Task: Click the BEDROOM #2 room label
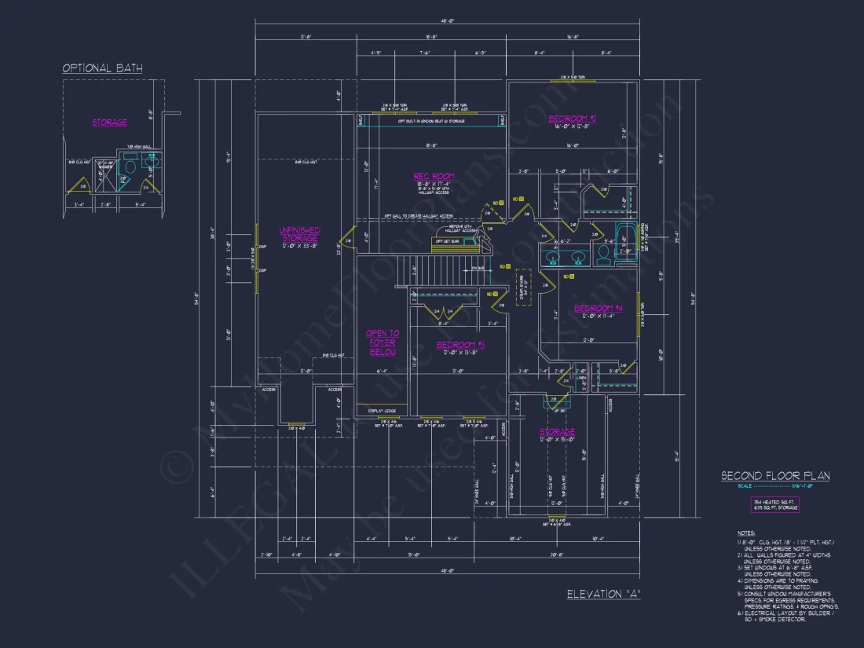pos(572,119)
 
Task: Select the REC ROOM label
pos(434,177)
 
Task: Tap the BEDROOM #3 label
pos(460,346)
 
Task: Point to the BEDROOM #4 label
pos(598,309)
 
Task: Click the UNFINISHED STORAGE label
pos(299,235)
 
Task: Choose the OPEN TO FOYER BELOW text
pos(383,343)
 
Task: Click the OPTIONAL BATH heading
pos(103,68)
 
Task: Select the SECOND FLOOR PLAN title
pos(775,476)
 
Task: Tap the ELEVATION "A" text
pos(604,595)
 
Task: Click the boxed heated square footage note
pos(775,504)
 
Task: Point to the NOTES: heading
pos(747,533)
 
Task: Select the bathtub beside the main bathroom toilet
pos(625,240)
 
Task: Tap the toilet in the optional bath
pos(131,167)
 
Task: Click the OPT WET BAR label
pos(447,241)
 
